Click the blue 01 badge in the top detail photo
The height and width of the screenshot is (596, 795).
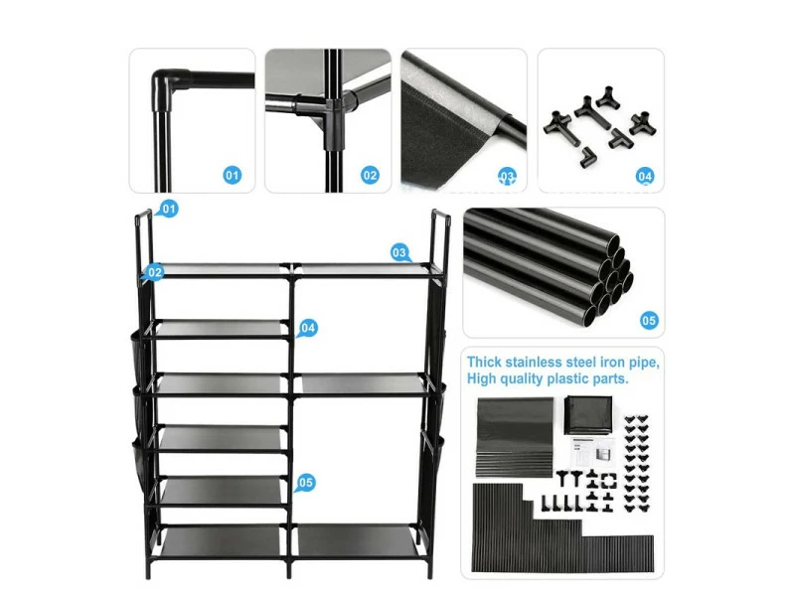(232, 176)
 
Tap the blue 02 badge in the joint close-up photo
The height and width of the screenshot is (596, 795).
(370, 176)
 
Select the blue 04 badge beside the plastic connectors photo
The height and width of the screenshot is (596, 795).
(644, 177)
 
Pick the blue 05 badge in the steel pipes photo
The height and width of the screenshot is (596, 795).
(649, 320)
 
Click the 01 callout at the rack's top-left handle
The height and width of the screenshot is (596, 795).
(168, 209)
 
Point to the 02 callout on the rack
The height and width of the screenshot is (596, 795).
(154, 272)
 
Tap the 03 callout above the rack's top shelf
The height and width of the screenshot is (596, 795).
(399, 253)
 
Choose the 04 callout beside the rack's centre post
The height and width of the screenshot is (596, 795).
(307, 329)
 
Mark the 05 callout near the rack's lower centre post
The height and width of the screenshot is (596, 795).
(305, 483)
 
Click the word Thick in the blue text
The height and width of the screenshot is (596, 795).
(484, 362)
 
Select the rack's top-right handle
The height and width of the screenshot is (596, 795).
(441, 238)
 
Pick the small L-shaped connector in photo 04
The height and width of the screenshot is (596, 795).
(587, 155)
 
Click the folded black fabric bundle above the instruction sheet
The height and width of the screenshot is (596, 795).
(588, 414)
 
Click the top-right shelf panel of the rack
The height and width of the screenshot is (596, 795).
(363, 269)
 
